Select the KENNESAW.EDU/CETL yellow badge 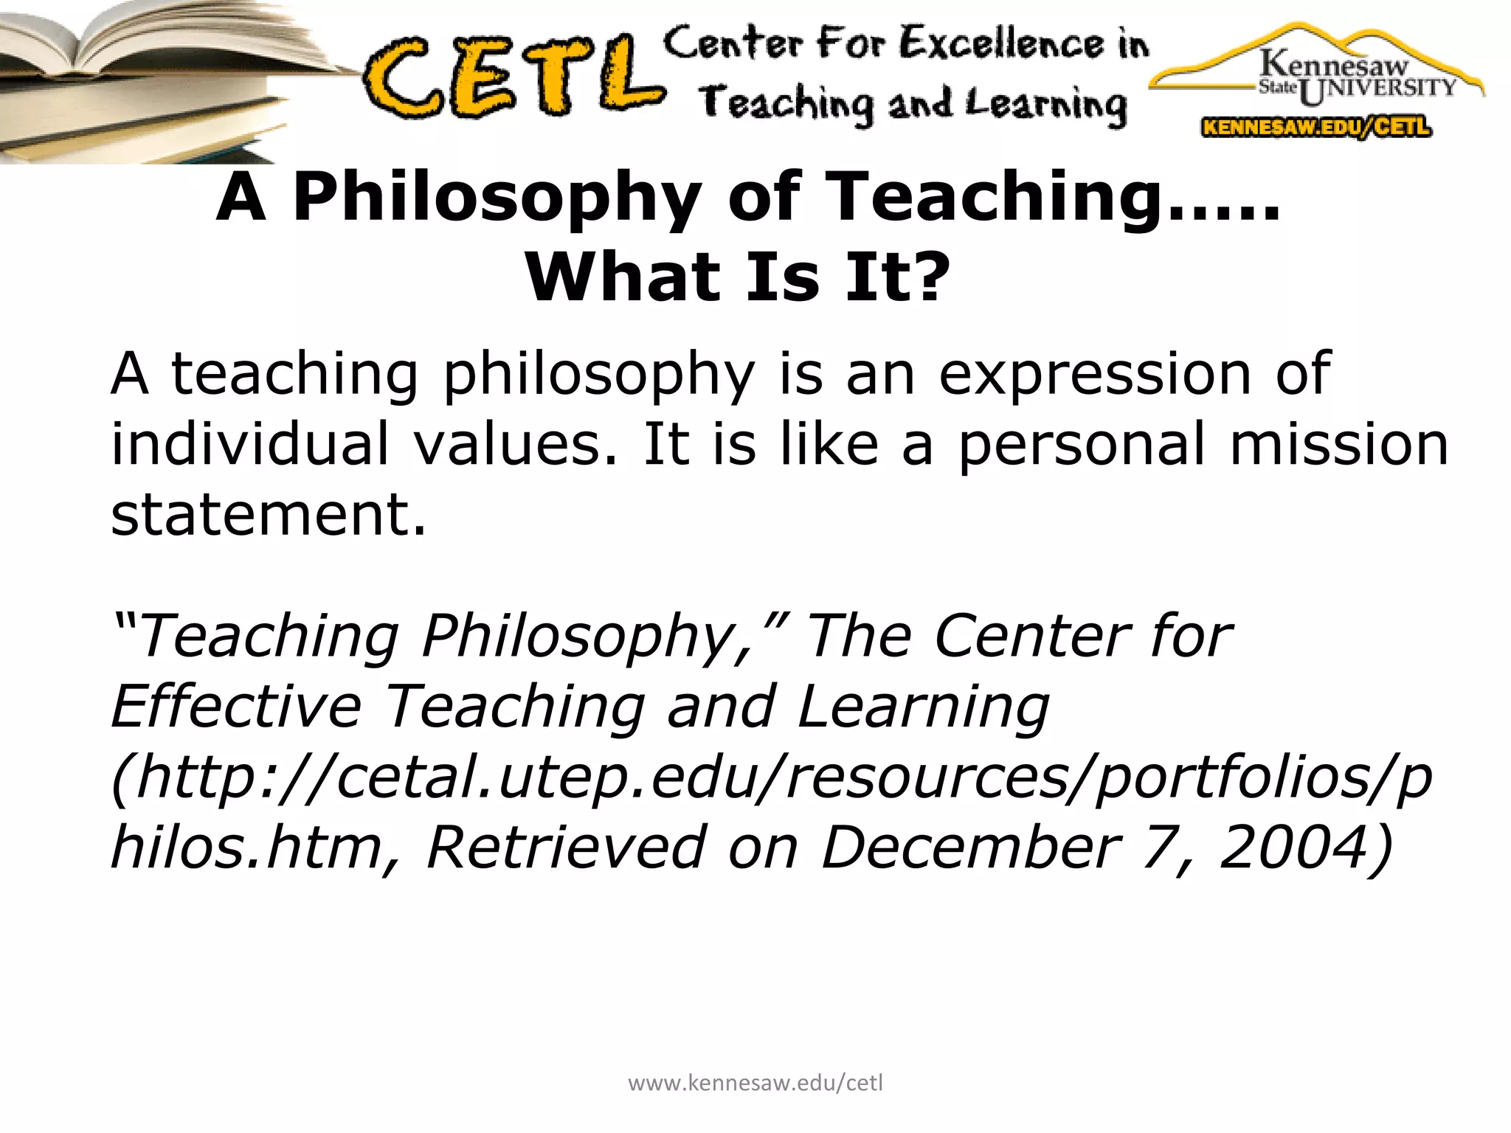point(1316,127)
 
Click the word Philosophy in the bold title point(497,197)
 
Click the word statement point(268,514)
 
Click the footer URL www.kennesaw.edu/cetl point(755,1083)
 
